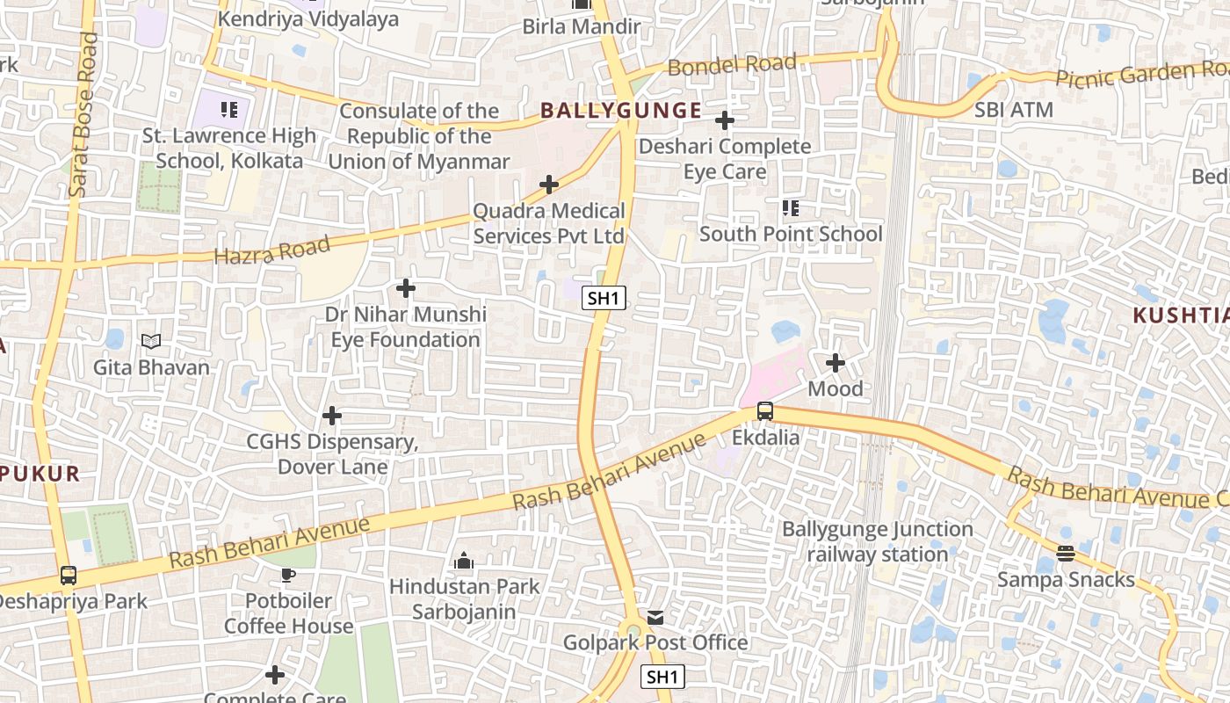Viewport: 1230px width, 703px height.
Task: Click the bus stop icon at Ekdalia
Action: click(765, 411)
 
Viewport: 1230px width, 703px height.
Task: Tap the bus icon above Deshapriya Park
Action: click(69, 576)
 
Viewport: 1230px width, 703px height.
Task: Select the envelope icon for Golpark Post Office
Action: click(655, 618)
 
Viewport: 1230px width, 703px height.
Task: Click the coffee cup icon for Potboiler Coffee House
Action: click(287, 576)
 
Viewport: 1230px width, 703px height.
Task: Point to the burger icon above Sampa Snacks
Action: click(1066, 554)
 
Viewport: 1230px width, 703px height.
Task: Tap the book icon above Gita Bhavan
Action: click(151, 341)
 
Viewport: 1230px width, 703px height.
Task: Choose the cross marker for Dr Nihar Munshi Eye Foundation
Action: click(406, 288)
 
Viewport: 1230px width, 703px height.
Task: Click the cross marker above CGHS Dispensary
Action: click(332, 415)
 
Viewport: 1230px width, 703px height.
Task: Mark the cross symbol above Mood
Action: click(836, 362)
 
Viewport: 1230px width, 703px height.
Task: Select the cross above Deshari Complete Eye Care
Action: click(725, 120)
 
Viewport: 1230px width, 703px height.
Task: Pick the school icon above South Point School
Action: click(791, 208)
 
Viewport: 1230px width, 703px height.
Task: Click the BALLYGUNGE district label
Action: click(621, 111)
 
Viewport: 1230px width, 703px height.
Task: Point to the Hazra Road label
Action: click(272, 250)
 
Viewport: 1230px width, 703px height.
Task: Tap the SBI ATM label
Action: click(1014, 111)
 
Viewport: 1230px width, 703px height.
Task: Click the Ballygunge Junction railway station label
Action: click(878, 542)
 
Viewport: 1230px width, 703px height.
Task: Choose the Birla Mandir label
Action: click(582, 26)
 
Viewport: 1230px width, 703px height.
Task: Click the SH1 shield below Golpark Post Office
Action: click(662, 677)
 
